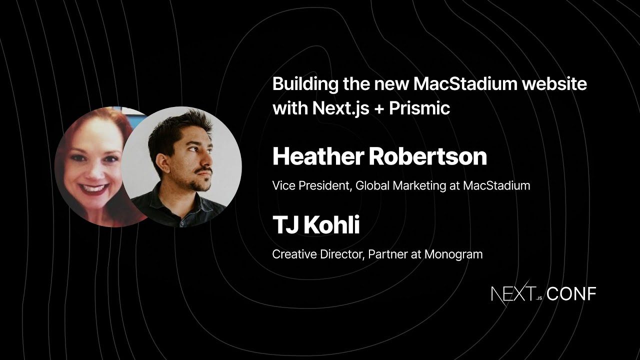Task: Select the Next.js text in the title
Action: [x=340, y=108]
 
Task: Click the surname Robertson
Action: [x=427, y=156]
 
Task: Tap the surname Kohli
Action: [x=331, y=225]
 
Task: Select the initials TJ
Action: [x=285, y=225]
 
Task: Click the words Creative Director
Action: [x=317, y=254]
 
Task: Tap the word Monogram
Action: [x=453, y=254]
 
